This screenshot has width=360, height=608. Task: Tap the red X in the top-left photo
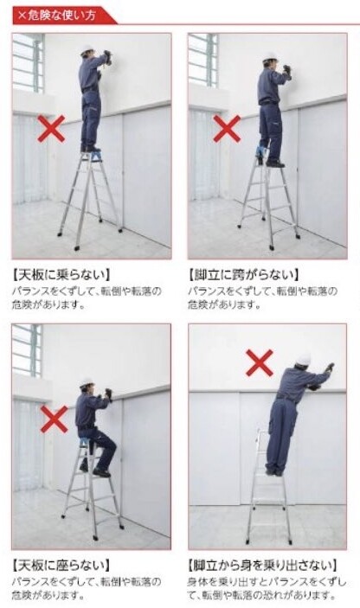[x=51, y=128]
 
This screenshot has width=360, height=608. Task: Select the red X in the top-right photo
[x=227, y=128]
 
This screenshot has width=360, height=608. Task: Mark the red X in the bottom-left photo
[x=54, y=419]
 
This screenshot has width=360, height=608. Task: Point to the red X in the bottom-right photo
[x=260, y=362]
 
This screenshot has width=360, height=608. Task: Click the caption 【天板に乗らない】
[x=61, y=275]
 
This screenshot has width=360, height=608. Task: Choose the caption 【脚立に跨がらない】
[x=244, y=275]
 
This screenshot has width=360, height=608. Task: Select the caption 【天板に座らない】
[x=61, y=565]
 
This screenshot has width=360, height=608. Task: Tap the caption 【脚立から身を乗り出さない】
[x=262, y=565]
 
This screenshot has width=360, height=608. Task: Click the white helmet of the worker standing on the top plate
[x=87, y=50]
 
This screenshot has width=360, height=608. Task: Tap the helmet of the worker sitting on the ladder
[x=87, y=383]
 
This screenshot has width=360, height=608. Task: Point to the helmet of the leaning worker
[x=304, y=360]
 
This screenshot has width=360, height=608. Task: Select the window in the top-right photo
[x=203, y=61]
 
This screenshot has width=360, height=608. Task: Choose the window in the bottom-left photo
[x=27, y=351]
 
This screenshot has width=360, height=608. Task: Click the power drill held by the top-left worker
[x=108, y=57]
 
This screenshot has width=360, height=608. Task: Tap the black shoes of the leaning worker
[x=273, y=472]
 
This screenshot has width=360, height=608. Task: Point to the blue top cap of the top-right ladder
[x=261, y=151]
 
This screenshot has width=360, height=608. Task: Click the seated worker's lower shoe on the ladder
[x=101, y=473]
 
